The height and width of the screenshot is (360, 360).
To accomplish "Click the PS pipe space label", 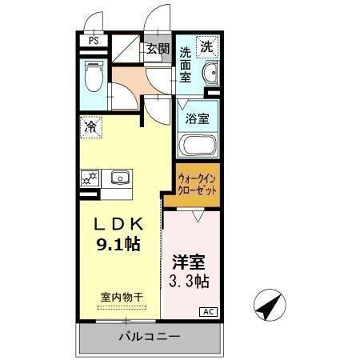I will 94,41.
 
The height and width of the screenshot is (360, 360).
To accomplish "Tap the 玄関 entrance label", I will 158,49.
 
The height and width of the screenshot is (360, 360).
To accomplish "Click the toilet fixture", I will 94,78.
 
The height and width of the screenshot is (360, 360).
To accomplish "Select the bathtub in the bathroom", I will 198,146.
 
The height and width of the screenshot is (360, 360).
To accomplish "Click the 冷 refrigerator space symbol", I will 91,126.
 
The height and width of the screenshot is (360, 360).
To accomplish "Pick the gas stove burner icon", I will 90,177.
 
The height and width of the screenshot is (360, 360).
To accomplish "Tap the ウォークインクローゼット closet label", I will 196,186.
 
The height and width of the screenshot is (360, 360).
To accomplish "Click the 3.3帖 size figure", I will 190,281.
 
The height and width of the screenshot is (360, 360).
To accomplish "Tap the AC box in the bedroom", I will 207,312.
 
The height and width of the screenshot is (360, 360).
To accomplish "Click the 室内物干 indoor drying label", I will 122,297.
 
